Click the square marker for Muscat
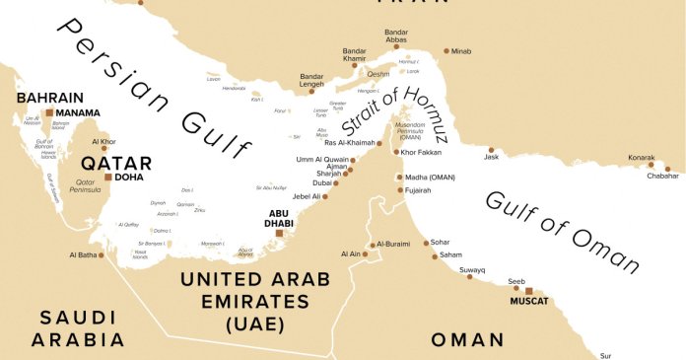[x=528, y=292]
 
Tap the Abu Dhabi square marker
[x=279, y=234]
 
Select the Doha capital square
[x=107, y=178]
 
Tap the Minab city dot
[x=446, y=50]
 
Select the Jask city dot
[x=491, y=150]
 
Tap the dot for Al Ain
[x=365, y=254]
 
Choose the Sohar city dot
[x=426, y=243]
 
